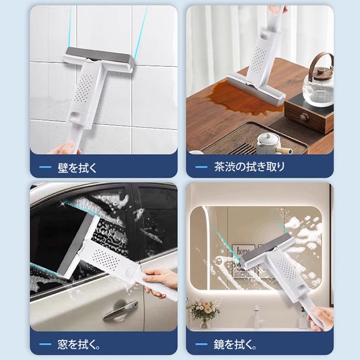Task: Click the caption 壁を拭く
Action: (x=77, y=168)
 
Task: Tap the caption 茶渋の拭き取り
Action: (x=249, y=167)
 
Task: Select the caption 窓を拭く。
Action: (x=79, y=345)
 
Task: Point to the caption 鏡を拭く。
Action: (x=235, y=344)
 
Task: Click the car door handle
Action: (x=120, y=311)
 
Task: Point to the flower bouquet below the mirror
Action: (x=205, y=311)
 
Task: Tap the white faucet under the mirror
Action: (x=257, y=316)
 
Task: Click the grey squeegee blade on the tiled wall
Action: (x=99, y=58)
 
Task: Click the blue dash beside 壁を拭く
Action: (x=45, y=167)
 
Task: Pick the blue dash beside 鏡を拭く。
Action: (x=201, y=344)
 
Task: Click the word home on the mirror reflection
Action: (x=243, y=251)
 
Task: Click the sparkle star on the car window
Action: (x=61, y=203)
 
